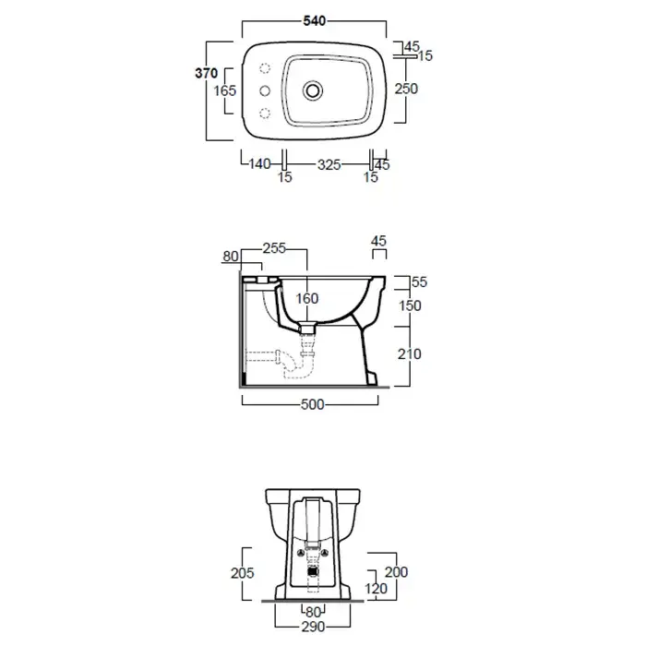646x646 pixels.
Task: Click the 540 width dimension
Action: [x=315, y=21]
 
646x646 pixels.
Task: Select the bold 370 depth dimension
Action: [x=206, y=73]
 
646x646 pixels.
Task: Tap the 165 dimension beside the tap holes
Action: [x=225, y=90]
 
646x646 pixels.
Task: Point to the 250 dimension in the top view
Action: [x=406, y=89]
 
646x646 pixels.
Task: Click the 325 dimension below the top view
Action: [x=329, y=165]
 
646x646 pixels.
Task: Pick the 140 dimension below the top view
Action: [x=259, y=164]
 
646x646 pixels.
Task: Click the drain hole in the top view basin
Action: [x=313, y=90]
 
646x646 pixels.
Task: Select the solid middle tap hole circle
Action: [x=265, y=90]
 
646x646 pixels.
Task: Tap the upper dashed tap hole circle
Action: [x=265, y=68]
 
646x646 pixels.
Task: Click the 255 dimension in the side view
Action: [x=274, y=248]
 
